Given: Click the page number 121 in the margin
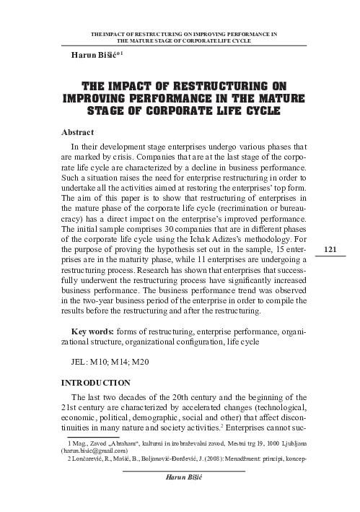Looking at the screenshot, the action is point(331,249).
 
